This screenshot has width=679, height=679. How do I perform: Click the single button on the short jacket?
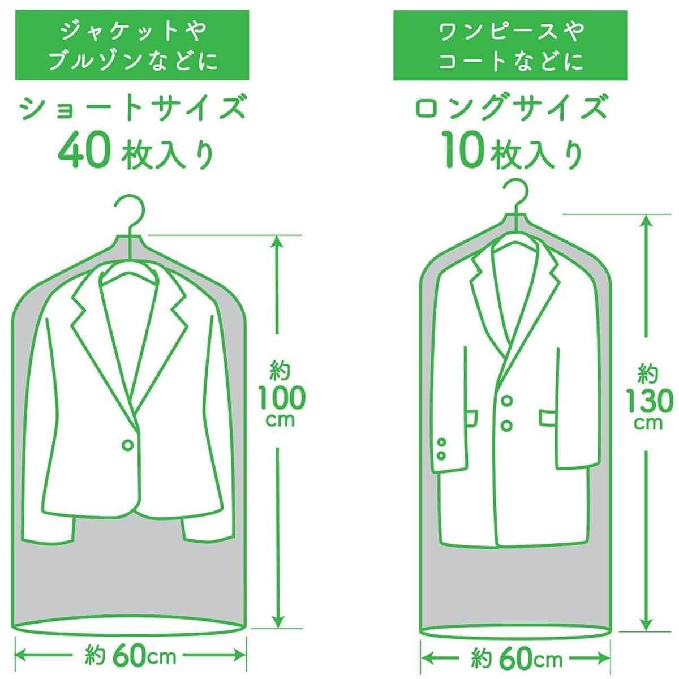(x=127, y=445)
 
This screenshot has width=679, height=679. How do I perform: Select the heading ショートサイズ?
(x=132, y=108)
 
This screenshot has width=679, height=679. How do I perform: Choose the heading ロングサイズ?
(x=510, y=108)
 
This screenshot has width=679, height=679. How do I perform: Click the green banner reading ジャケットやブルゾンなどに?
(x=132, y=45)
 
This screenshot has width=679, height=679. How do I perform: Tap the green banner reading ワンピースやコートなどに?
(x=510, y=45)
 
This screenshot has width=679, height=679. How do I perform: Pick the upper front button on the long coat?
(x=506, y=401)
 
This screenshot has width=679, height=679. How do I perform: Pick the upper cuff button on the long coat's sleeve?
(x=441, y=442)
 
